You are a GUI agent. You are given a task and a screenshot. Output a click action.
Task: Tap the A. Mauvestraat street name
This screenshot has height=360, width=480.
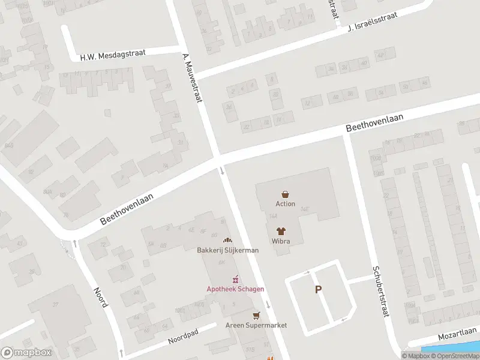click(191, 77)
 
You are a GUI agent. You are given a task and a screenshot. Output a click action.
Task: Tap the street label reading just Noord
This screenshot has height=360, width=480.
click(100, 296)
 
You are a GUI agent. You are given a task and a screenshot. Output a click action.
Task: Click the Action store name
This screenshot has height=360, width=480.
click(286, 204)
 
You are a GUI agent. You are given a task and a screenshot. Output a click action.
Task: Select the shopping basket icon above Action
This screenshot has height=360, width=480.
click(286, 194)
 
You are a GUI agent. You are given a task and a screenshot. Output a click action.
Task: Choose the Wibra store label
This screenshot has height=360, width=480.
click(281, 241)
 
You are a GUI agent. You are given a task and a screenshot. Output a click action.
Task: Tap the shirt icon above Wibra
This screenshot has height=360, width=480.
click(281, 230)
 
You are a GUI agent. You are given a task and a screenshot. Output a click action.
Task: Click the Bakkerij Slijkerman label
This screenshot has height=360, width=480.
click(227, 250)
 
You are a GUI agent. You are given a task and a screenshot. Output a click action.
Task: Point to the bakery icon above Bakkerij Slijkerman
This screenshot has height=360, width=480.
click(227, 240)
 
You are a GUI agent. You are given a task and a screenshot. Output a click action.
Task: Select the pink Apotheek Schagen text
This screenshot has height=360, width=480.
click(236, 289)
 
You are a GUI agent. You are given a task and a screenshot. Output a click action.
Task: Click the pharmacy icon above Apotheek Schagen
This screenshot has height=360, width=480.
click(236, 279)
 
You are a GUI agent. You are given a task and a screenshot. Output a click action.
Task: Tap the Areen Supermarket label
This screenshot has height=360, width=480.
click(256, 325)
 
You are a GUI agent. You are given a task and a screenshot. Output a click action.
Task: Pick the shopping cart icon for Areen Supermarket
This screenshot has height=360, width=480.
click(257, 315)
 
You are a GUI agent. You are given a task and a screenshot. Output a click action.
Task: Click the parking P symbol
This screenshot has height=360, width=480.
click(318, 289)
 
